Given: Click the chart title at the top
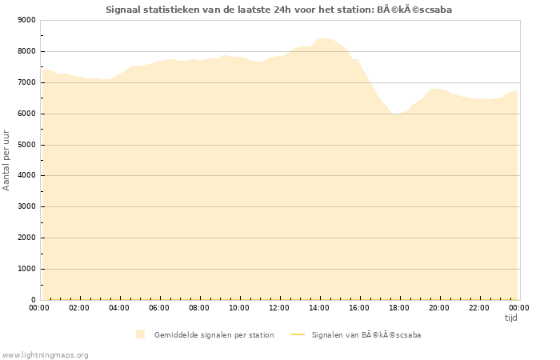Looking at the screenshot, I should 284,10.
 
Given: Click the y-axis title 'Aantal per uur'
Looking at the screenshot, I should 6,159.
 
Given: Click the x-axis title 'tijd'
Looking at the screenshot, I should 510,318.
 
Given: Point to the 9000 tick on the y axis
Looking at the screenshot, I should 26,20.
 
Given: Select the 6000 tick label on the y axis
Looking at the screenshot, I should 26,114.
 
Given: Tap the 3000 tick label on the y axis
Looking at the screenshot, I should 26,206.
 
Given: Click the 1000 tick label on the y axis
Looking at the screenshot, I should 26,269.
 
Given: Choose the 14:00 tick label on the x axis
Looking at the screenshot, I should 319,307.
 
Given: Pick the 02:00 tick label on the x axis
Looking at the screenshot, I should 79,307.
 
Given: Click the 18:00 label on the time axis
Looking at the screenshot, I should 399,307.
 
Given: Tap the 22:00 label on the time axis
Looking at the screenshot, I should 479,307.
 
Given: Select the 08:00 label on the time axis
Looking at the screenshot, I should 199,307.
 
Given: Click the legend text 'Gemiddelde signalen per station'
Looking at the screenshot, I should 214,335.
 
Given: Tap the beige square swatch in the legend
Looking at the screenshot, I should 141,334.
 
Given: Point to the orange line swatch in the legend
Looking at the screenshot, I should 298,335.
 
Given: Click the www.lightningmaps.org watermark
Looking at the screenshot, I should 46,354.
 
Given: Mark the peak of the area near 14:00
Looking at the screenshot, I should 322,38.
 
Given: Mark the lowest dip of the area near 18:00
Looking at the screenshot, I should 394,114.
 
